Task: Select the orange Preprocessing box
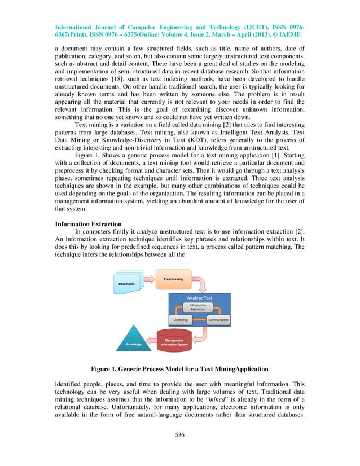172,280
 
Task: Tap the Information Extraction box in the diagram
197,307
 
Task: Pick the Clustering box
180,319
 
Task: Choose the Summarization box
217,319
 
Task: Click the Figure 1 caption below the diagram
180,370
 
